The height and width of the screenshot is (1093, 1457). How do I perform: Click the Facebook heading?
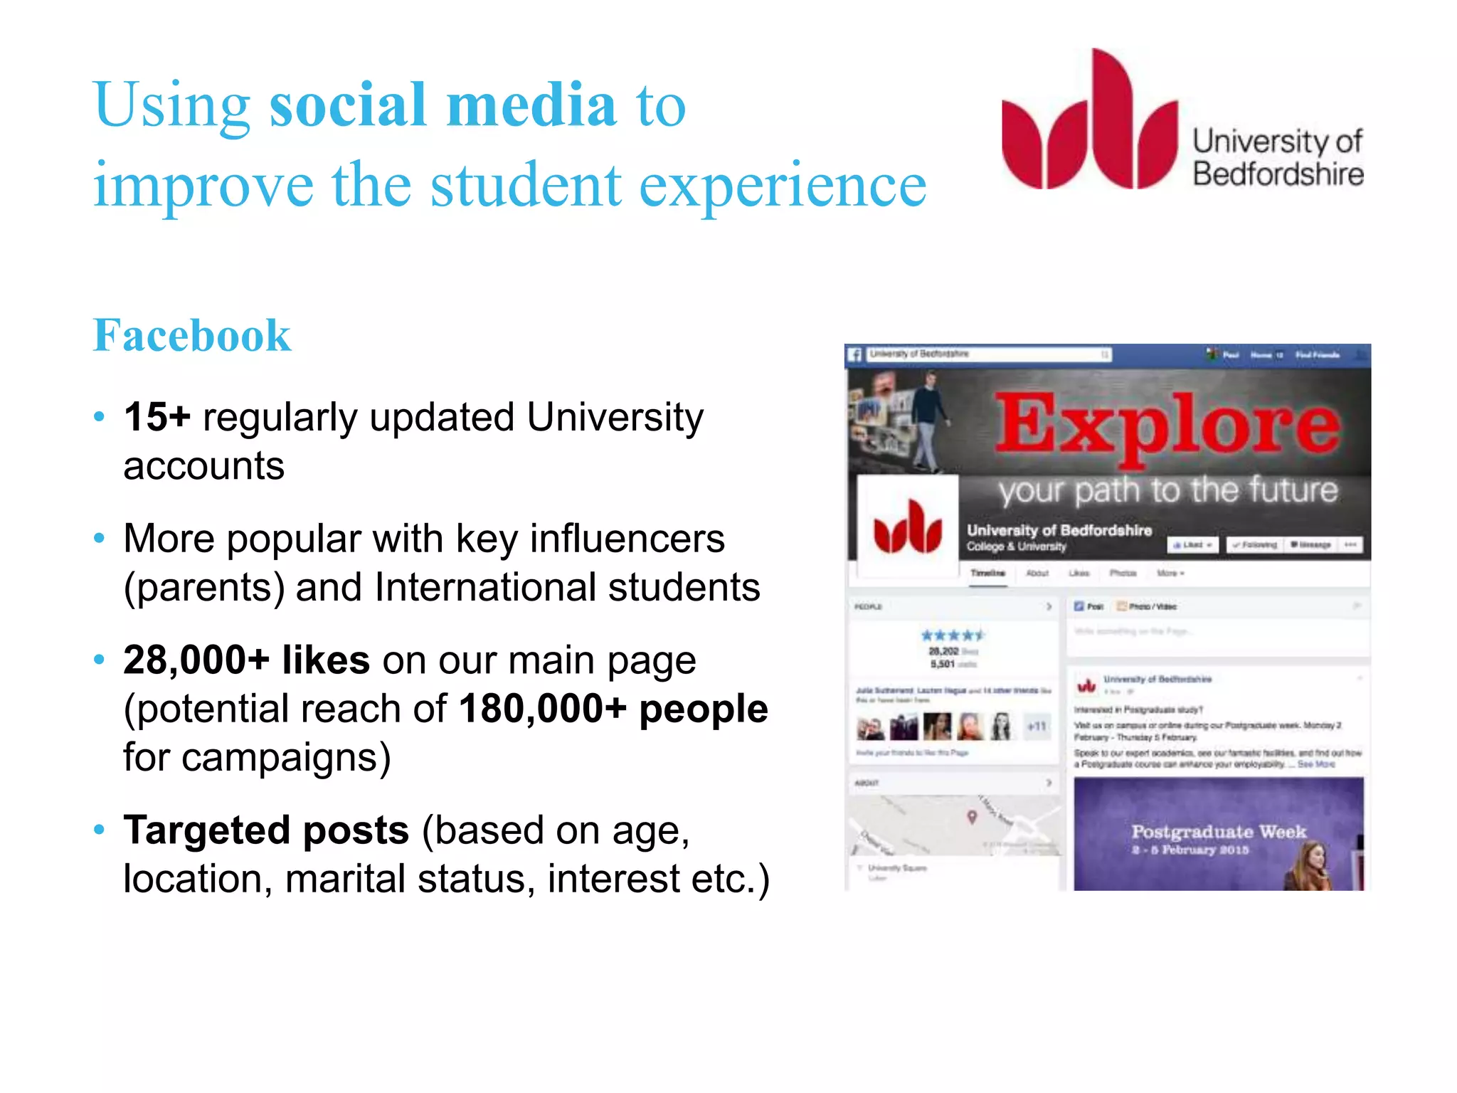(192, 335)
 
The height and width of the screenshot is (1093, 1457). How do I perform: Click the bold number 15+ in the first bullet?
(157, 417)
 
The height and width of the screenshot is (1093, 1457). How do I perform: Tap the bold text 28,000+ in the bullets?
(196, 660)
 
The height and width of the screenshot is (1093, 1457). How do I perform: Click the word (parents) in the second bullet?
(204, 588)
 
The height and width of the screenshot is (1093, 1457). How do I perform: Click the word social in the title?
(348, 105)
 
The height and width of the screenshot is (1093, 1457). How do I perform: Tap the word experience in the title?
(783, 185)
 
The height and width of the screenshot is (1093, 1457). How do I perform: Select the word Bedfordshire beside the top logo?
(1278, 174)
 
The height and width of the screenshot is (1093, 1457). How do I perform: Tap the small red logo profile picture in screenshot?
(908, 527)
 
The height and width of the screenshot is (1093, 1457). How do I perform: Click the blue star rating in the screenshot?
(953, 635)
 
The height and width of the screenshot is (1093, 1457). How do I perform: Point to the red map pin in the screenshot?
(972, 817)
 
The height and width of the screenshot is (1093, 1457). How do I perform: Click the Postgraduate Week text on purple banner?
(1219, 832)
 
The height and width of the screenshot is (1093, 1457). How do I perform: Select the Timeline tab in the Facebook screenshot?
(987, 573)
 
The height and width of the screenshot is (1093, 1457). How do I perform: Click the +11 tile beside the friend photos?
(1037, 727)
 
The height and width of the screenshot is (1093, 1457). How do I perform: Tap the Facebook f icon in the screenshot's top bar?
(856, 354)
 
